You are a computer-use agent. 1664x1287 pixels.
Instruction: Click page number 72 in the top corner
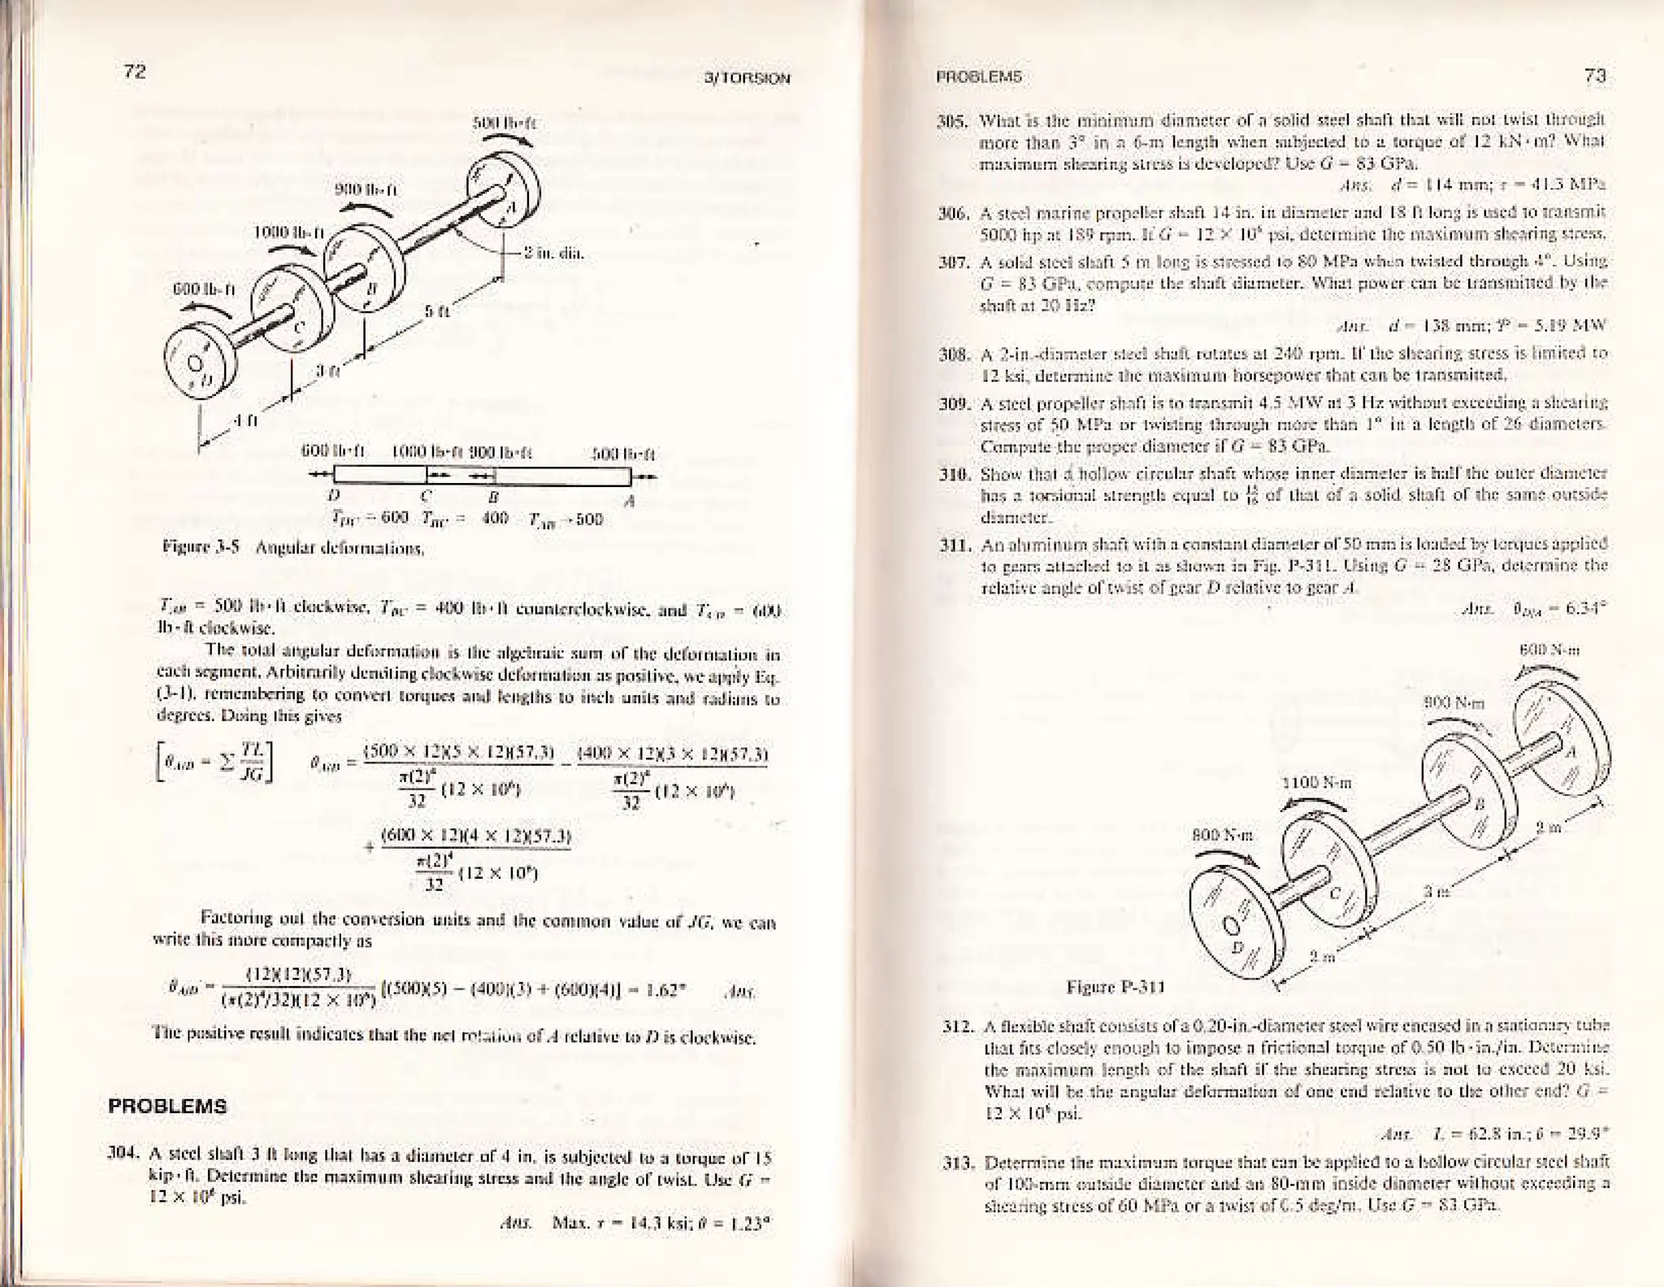click(x=134, y=72)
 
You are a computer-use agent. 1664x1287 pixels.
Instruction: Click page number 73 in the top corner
click(x=1595, y=76)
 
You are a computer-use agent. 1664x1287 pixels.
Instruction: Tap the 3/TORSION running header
click(x=748, y=79)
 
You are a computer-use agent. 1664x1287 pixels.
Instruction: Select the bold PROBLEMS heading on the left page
click(x=168, y=1107)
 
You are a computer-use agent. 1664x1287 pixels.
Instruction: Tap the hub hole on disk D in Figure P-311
click(x=1233, y=928)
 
